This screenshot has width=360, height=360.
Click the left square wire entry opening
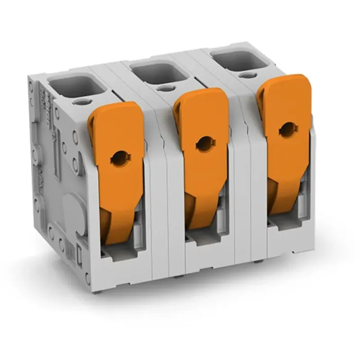point(73,85)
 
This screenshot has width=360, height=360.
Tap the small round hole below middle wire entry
point(164,88)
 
